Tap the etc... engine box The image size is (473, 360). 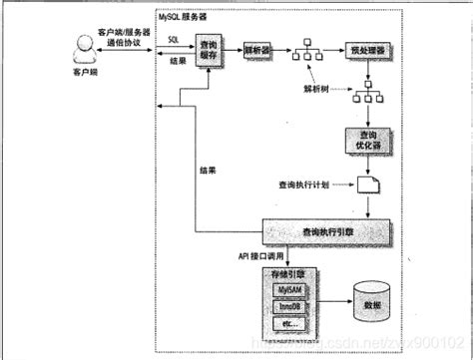(292, 323)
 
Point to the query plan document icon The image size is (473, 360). (369, 185)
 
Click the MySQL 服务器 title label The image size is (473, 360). (188, 18)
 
